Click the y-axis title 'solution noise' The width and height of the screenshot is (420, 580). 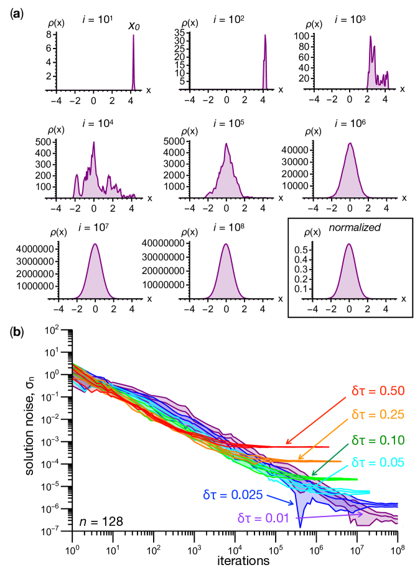pyautogui.click(x=30, y=424)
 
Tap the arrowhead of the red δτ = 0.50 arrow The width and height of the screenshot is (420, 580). pyautogui.click(x=287, y=443)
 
